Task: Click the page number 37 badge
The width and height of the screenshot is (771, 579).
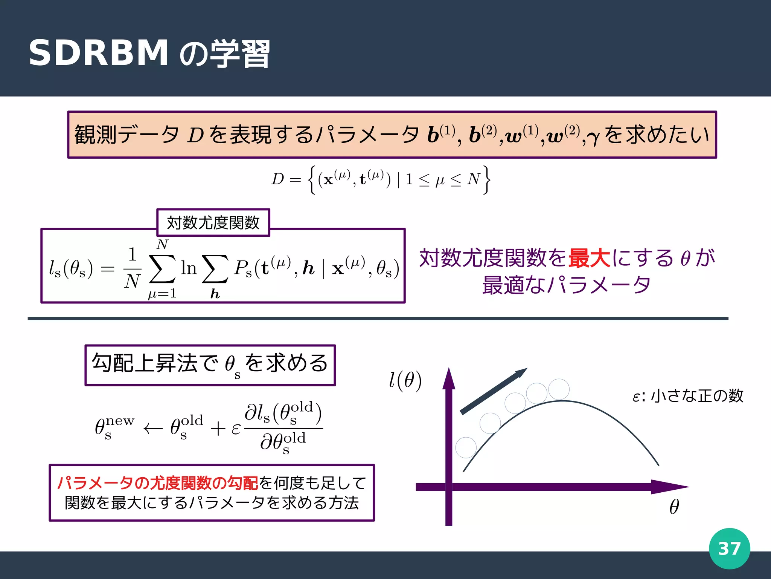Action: [x=729, y=548]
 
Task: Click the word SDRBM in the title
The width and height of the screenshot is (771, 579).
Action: [x=99, y=53]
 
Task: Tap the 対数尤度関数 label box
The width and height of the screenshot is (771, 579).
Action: [x=213, y=223]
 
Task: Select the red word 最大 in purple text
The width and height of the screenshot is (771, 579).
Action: [x=589, y=259]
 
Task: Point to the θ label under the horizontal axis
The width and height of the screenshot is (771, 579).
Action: [x=674, y=507]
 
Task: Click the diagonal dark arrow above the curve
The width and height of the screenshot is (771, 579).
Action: [x=494, y=391]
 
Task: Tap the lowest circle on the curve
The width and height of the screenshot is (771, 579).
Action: [x=466, y=447]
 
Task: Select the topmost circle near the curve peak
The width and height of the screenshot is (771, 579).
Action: [x=559, y=389]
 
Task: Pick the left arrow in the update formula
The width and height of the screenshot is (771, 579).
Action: [x=153, y=429]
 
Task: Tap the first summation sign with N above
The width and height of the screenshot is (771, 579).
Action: [x=162, y=268]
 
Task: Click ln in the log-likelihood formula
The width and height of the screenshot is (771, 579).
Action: [x=189, y=268]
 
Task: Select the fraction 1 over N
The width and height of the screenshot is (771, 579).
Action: [x=132, y=268]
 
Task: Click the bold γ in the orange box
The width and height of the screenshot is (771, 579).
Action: [x=593, y=138]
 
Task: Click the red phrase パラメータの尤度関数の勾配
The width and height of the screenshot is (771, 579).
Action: [x=157, y=483]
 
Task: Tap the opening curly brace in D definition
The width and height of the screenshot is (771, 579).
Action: [x=311, y=180]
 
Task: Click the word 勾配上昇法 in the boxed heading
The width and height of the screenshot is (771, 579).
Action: [x=145, y=363]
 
